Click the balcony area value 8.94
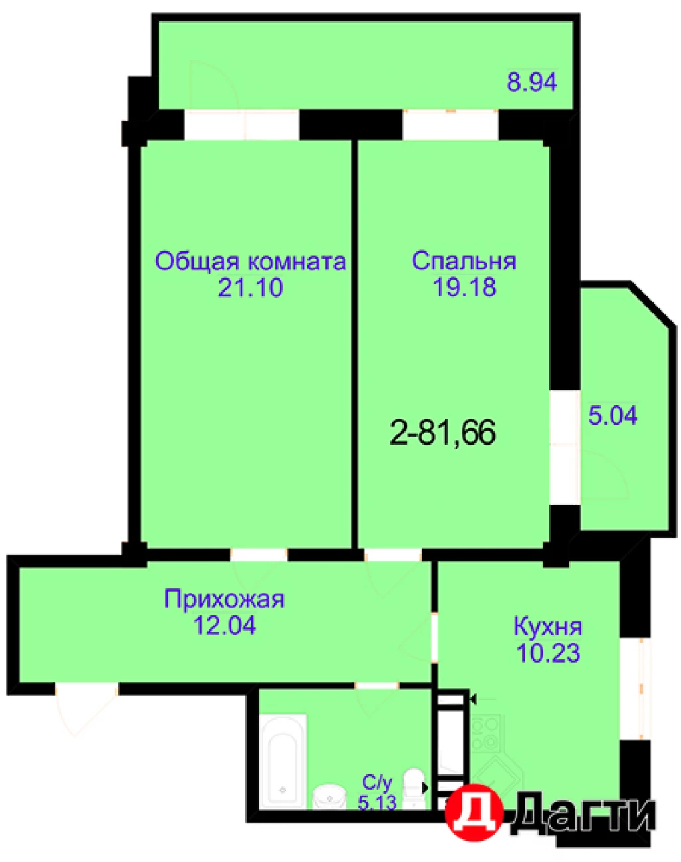click(x=531, y=82)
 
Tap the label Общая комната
click(x=250, y=261)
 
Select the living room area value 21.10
click(x=250, y=288)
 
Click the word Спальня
click(x=464, y=261)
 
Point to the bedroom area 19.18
click(x=464, y=287)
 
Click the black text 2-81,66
click(x=442, y=433)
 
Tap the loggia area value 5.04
click(x=613, y=416)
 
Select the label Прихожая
click(x=224, y=599)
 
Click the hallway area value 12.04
click(x=224, y=625)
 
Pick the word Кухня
click(x=548, y=626)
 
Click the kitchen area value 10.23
click(x=548, y=653)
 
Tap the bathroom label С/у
click(x=377, y=782)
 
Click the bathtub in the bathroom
click(x=283, y=761)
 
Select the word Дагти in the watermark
click(x=582, y=814)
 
